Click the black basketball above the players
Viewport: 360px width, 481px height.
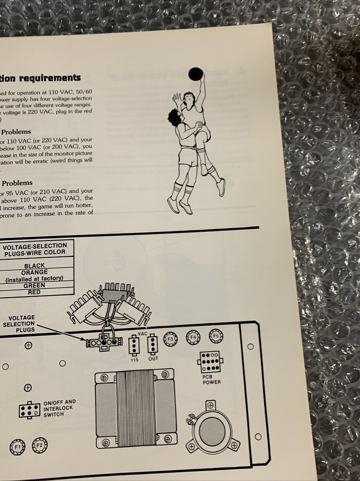(x=195, y=74)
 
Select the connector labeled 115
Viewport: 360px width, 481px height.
(x=134, y=346)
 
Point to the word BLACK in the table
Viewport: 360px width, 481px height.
(x=34, y=266)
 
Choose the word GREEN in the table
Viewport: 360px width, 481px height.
(x=34, y=285)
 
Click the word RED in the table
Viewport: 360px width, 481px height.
(x=34, y=292)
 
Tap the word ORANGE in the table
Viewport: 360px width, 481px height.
(x=34, y=272)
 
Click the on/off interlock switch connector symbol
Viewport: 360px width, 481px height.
(x=29, y=409)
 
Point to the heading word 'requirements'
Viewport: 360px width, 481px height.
(x=53, y=78)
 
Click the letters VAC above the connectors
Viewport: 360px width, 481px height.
(x=143, y=333)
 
